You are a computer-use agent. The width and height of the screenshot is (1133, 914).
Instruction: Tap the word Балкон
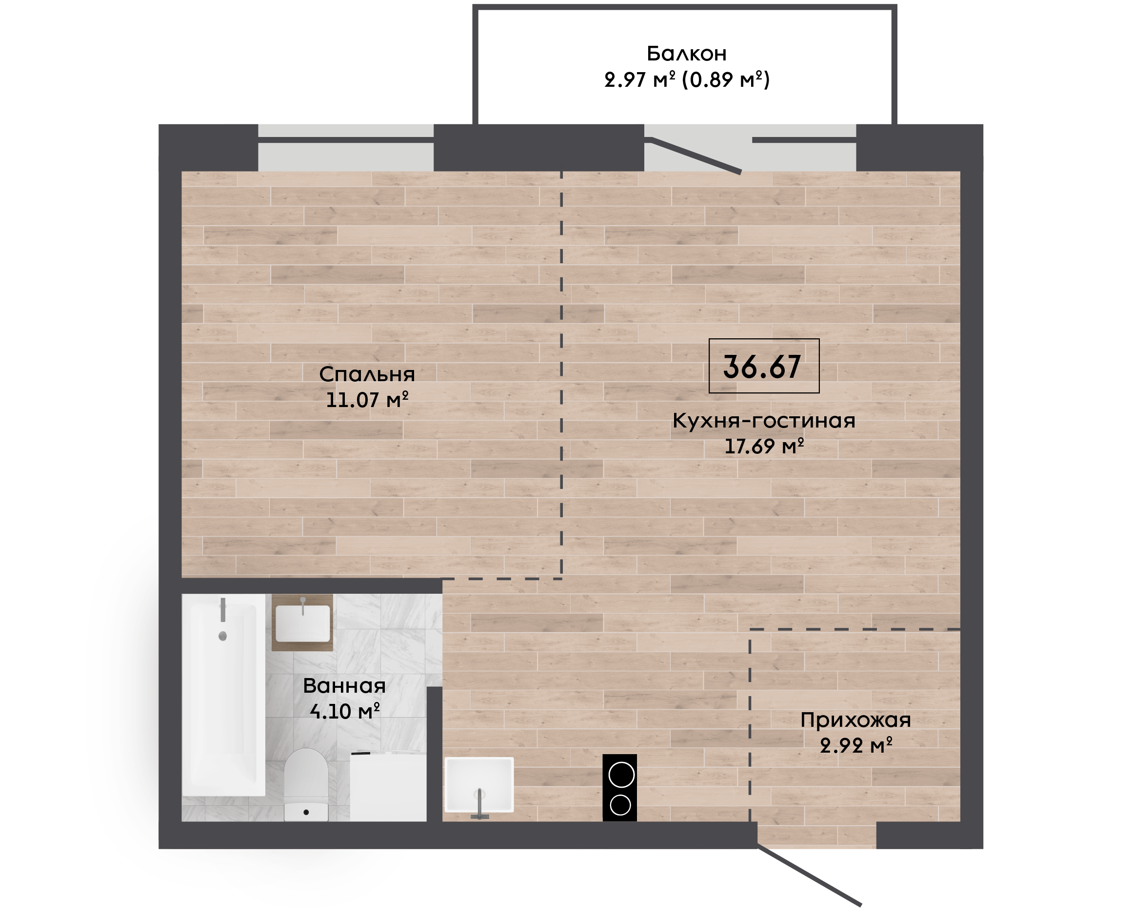(x=686, y=54)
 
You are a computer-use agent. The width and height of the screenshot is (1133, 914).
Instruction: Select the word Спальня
(x=367, y=374)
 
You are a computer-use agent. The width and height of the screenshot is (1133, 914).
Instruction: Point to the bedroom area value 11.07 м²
(x=367, y=400)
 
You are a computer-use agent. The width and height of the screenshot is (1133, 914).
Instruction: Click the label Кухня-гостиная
(x=764, y=421)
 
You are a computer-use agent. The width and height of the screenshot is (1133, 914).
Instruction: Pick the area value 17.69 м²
(x=764, y=447)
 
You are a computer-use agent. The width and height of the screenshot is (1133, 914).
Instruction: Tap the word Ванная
(x=344, y=685)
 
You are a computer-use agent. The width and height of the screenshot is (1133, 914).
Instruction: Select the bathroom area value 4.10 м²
(x=344, y=711)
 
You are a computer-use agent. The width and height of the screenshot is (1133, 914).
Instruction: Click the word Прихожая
(x=855, y=720)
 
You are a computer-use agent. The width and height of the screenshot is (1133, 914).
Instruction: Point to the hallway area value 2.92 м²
(x=856, y=745)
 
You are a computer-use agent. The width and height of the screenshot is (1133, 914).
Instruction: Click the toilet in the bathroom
(x=306, y=784)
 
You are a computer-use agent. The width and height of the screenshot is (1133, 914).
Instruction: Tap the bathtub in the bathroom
(x=223, y=695)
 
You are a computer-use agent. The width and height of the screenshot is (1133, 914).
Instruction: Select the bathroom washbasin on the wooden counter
(x=303, y=623)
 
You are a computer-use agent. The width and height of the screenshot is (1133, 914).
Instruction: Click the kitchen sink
(x=479, y=784)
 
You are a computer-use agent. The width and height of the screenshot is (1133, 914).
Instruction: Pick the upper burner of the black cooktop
(x=621, y=776)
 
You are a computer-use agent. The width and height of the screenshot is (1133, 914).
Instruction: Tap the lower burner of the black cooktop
(x=620, y=805)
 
